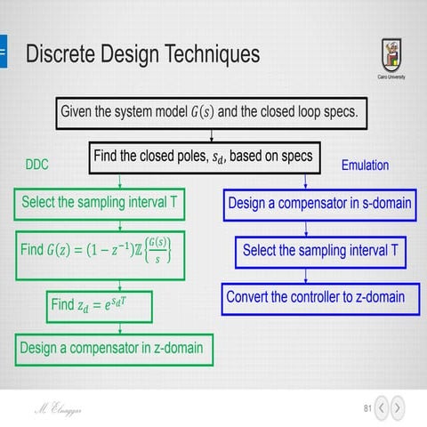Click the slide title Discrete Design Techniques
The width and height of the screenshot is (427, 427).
coord(142,54)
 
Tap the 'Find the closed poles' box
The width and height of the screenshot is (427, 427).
coord(203,157)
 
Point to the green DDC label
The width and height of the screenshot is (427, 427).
coord(36,165)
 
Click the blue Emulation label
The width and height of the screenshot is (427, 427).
coord(365,165)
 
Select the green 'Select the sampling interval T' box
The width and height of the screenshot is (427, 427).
coord(100,203)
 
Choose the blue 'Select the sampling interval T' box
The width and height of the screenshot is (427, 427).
coord(320,251)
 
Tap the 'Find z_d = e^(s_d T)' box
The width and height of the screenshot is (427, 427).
coord(101,304)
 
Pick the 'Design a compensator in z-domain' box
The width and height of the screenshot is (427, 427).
coord(114,348)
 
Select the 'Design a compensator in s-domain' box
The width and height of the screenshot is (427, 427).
coord(319,203)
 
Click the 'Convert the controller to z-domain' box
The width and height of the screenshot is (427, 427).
coord(315,297)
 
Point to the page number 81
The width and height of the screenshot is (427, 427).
coord(367,408)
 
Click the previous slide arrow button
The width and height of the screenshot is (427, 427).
coord(382,408)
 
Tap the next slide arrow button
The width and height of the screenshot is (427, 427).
coord(399,408)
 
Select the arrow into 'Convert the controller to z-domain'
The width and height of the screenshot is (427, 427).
coord(318,274)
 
